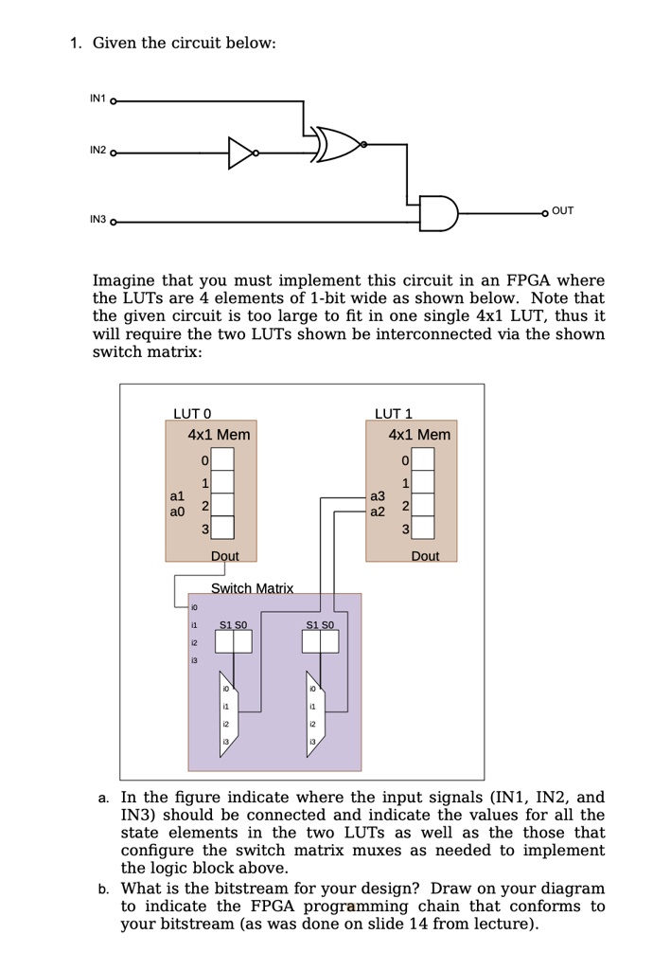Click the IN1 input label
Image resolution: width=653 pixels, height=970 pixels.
tap(97, 99)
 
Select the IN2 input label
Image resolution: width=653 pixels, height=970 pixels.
tap(97, 151)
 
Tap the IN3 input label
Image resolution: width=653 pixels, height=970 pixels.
tap(97, 220)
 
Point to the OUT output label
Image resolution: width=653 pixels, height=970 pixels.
tap(562, 211)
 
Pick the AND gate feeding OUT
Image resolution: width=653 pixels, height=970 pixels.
tap(438, 214)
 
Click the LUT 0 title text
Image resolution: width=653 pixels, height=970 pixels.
tap(192, 413)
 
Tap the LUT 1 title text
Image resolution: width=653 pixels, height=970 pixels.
tap(394, 413)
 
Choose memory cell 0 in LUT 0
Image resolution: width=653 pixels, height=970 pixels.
tap(221, 461)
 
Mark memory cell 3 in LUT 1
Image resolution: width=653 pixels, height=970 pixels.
tap(422, 528)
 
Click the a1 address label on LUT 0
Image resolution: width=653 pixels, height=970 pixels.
tap(177, 495)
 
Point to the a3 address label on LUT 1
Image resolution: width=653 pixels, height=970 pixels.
tap(378, 495)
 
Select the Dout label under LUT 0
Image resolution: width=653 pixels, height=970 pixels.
tap(225, 556)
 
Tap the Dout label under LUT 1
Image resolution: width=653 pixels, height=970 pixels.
tap(425, 556)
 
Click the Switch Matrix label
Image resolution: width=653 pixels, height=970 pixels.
tap(252, 588)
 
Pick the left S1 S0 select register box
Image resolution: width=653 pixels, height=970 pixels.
tap(233, 642)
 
